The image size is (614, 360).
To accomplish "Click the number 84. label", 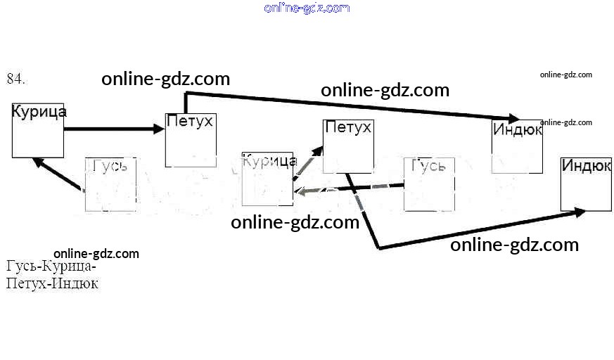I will pyautogui.click(x=16, y=79).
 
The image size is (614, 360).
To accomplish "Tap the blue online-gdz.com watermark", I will pyautogui.click(x=307, y=8).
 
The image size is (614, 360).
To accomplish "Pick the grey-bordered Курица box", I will pyautogui.click(x=267, y=179).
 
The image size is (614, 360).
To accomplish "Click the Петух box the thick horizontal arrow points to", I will pyautogui.click(x=189, y=139).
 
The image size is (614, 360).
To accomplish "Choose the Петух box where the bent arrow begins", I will pyautogui.click(x=347, y=146).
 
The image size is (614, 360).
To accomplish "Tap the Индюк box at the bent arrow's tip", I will pyautogui.click(x=586, y=184).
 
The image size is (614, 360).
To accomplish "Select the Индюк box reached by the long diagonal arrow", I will pyautogui.click(x=517, y=146).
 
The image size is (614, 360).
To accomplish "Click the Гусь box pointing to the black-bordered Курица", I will pyautogui.click(x=110, y=184).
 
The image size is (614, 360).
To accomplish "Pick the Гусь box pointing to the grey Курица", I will pyautogui.click(x=429, y=184).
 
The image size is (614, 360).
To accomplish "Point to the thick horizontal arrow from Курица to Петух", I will pyautogui.click(x=113, y=129).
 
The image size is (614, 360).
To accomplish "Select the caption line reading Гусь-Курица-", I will pyautogui.click(x=51, y=267).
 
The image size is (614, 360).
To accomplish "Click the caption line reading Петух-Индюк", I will pyautogui.click(x=52, y=284).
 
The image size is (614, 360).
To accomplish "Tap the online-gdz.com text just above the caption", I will pyautogui.click(x=96, y=254).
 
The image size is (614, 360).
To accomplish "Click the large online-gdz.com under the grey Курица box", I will pyautogui.click(x=295, y=223).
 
